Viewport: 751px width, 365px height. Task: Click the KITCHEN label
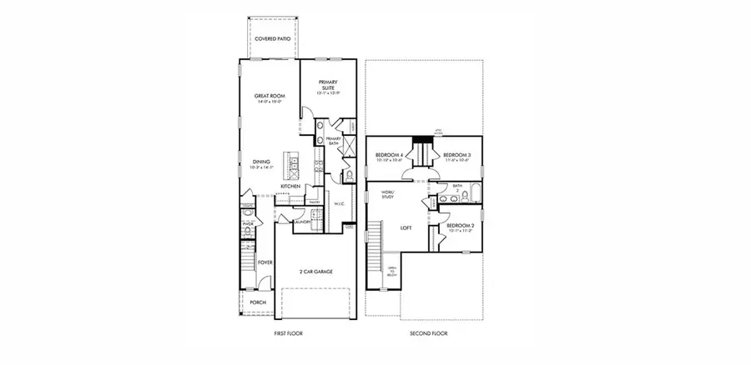click(x=290, y=186)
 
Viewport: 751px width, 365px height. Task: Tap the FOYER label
click(x=265, y=262)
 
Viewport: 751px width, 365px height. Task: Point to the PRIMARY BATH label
click(x=333, y=141)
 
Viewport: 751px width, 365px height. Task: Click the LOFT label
click(x=406, y=227)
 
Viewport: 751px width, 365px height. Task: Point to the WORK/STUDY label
click(x=387, y=195)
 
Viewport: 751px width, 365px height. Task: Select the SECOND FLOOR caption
click(x=428, y=332)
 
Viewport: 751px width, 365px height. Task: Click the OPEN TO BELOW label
click(x=391, y=272)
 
